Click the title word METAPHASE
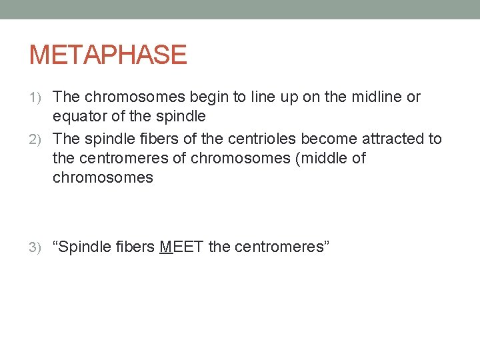[108, 55]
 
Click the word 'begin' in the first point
[211, 97]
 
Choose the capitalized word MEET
[182, 247]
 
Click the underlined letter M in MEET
[167, 247]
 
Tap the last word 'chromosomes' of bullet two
[103, 178]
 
